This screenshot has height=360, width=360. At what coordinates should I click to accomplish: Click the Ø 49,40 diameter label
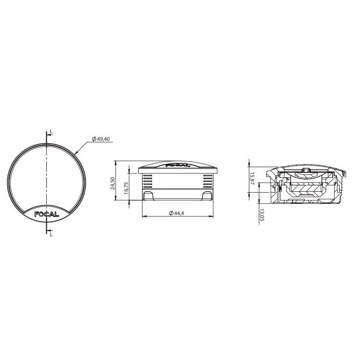[x=101, y=139]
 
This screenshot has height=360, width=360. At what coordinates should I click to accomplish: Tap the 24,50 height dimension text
[x=112, y=183]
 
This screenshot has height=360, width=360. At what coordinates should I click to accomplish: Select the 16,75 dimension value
[x=126, y=188]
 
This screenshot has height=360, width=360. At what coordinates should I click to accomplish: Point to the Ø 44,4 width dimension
[x=176, y=213]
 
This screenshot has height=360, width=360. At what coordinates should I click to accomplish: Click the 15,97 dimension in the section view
[x=252, y=178]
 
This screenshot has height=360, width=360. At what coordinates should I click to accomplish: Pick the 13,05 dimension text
[x=262, y=215]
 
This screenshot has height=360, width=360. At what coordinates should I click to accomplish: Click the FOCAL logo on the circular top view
[x=46, y=214]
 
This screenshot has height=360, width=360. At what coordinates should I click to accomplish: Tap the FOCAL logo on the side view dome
[x=178, y=165]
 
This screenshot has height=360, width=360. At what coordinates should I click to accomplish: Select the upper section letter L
[x=51, y=132]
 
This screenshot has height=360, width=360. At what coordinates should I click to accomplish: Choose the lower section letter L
[x=51, y=234]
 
